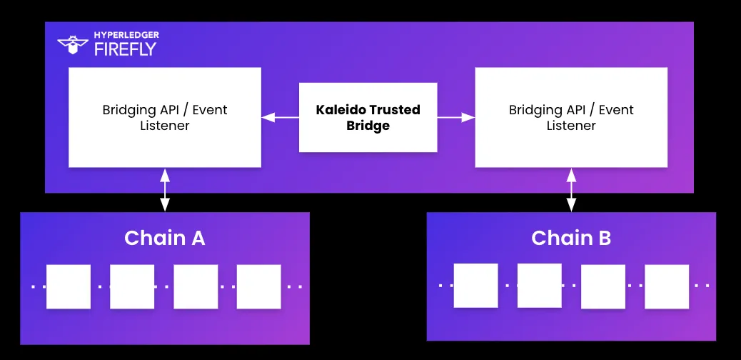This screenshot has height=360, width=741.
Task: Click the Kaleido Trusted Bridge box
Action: (x=368, y=118)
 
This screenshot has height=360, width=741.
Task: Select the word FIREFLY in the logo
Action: (x=125, y=50)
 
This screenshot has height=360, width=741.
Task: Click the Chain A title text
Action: (x=164, y=238)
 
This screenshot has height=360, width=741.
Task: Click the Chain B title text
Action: (x=571, y=238)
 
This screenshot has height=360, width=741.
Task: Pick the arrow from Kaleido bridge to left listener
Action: (x=280, y=117)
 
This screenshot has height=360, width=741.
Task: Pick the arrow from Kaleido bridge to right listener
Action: (x=456, y=117)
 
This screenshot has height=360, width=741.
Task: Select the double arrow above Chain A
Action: (x=165, y=190)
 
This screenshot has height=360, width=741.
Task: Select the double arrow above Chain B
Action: (x=571, y=190)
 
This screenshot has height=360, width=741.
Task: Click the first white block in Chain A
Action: (x=69, y=286)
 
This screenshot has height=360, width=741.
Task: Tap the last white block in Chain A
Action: (x=259, y=286)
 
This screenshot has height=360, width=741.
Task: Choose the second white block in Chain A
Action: (x=132, y=286)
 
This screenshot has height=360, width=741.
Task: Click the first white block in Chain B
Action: (x=475, y=286)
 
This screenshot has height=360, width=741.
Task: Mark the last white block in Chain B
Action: (x=667, y=286)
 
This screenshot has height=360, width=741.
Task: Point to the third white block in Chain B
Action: (x=603, y=286)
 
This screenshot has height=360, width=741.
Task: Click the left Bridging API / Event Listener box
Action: (x=165, y=118)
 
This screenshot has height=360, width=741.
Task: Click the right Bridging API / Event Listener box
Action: (x=571, y=118)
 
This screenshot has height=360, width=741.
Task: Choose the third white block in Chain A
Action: (x=196, y=286)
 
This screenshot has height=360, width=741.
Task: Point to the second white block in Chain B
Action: (x=540, y=285)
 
